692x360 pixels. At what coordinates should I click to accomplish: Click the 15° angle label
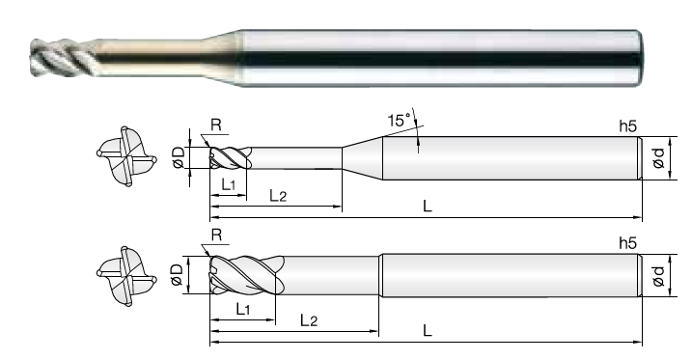[x=400, y=120]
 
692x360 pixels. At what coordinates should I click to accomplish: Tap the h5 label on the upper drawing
[x=628, y=126]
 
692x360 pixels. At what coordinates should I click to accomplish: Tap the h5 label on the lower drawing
[x=628, y=243]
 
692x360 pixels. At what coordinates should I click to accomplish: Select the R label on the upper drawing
[x=216, y=125]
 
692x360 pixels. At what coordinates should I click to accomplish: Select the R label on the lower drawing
[x=216, y=235]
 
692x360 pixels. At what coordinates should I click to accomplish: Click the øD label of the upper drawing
[x=179, y=157]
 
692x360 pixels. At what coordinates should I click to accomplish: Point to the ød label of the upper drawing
[x=658, y=158]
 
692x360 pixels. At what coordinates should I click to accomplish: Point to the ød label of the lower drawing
[x=658, y=275]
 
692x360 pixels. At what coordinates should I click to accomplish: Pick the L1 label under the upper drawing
[x=228, y=185]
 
